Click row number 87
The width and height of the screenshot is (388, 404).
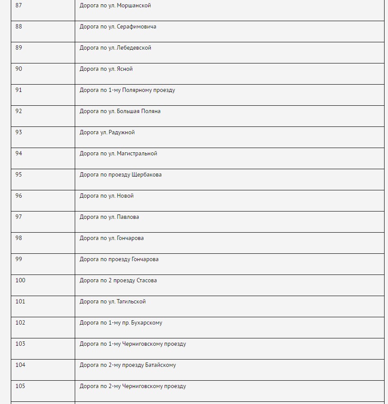(19, 6)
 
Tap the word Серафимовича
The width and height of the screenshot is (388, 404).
(137, 27)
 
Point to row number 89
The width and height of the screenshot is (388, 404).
(19, 48)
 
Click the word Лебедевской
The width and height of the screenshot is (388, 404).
(134, 48)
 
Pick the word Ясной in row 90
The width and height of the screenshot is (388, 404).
(124, 69)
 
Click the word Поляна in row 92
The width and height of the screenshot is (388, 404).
(151, 111)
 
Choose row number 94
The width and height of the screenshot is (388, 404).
(19, 154)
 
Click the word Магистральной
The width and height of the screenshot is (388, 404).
(137, 154)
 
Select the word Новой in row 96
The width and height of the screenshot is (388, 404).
(125, 196)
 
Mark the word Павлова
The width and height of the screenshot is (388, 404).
(128, 217)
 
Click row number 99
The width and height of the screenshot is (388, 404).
(19, 259)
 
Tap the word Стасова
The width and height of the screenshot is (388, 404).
(146, 281)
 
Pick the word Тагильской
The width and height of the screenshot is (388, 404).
(131, 302)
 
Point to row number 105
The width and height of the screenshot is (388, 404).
(20, 386)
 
